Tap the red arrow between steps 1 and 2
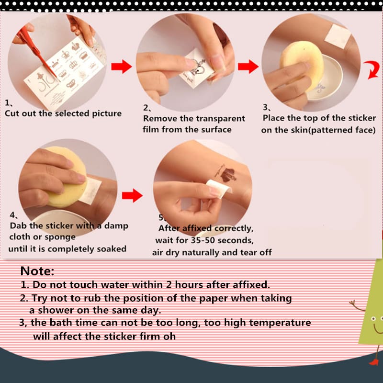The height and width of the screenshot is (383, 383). coord(122,67)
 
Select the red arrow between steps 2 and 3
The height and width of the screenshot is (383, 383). coord(248,67)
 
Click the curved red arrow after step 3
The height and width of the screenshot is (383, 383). coord(372,69)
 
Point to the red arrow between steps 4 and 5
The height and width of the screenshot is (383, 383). coord(132,195)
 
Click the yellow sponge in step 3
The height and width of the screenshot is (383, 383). coord(302,64)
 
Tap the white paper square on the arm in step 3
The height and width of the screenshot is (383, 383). coord(338,36)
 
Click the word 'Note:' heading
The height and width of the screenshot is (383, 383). coord(37,271)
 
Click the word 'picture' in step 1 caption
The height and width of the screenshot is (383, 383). coord(107,114)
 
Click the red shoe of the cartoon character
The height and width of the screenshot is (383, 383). coord(373,362)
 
